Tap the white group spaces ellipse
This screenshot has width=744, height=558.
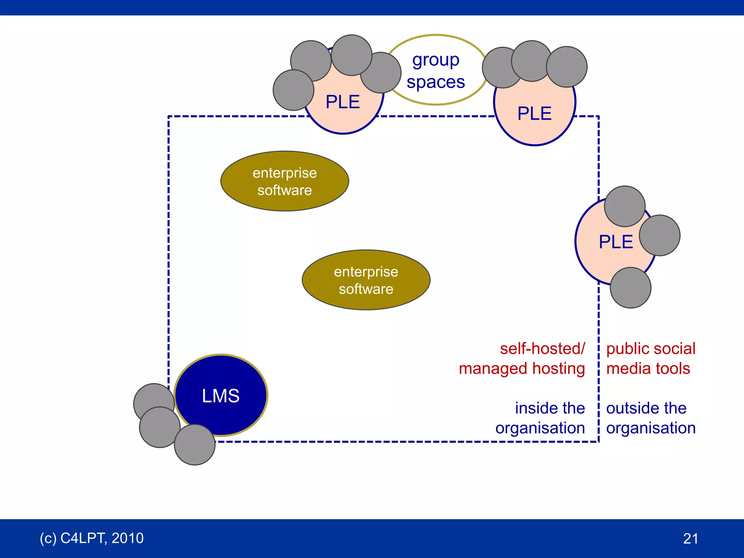click(x=436, y=47)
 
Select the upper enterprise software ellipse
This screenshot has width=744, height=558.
click(x=285, y=181)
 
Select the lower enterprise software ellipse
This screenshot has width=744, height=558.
click(x=366, y=280)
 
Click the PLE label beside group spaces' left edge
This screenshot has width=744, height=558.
click(x=343, y=102)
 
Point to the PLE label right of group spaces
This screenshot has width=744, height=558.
click(x=534, y=114)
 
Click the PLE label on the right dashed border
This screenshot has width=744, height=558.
click(x=616, y=242)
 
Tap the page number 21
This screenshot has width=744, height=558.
click(x=690, y=538)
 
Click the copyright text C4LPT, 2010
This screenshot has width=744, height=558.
click(x=92, y=538)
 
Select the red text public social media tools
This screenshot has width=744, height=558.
click(x=650, y=359)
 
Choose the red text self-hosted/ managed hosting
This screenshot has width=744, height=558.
click(x=522, y=359)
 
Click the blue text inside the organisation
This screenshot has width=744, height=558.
click(x=540, y=418)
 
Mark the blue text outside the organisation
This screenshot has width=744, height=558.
click(x=650, y=418)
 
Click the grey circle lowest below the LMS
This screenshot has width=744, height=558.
click(x=195, y=445)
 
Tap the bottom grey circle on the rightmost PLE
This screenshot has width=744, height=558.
click(x=631, y=288)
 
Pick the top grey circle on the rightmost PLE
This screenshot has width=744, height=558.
click(x=625, y=206)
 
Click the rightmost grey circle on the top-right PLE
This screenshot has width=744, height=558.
click(x=567, y=67)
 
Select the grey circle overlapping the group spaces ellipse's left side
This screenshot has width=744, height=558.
click(x=381, y=73)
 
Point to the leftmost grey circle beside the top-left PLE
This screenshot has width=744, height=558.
click(x=294, y=90)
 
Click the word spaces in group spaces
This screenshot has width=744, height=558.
click(x=436, y=82)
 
